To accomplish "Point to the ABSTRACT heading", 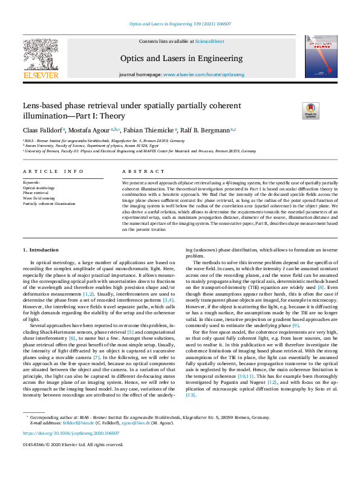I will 136,171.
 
